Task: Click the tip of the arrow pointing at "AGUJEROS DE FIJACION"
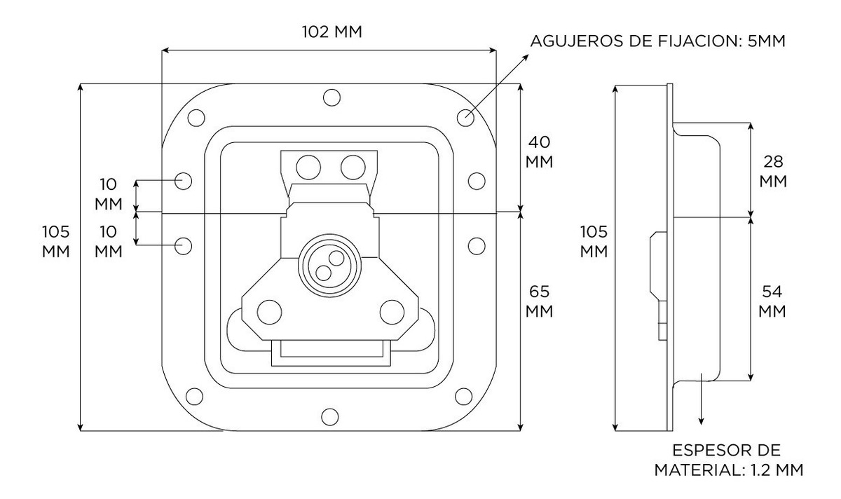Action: pyautogui.click(x=528, y=55)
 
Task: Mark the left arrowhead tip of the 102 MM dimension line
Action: pyautogui.click(x=162, y=50)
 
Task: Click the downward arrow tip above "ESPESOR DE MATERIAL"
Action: pyautogui.click(x=701, y=425)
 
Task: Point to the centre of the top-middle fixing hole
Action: pyautogui.click(x=331, y=97)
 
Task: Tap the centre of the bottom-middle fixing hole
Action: pyautogui.click(x=330, y=417)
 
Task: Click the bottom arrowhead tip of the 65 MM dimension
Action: pyautogui.click(x=520, y=430)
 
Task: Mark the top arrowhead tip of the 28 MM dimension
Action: pyautogui.click(x=751, y=123)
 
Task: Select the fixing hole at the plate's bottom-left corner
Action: pyautogui.click(x=195, y=397)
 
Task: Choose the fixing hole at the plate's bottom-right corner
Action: pyautogui.click(x=464, y=397)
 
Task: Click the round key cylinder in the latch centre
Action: pyautogui.click(x=329, y=266)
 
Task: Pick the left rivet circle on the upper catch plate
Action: pyautogui.click(x=308, y=167)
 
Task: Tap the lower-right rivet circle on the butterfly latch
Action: pyautogui.click(x=392, y=312)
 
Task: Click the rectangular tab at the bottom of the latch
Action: pyautogui.click(x=331, y=353)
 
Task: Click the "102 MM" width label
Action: pyautogui.click(x=332, y=32)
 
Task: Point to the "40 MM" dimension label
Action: pyautogui.click(x=539, y=152)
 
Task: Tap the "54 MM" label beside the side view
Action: pyautogui.click(x=772, y=301)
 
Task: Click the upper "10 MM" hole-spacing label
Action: pyautogui.click(x=109, y=194)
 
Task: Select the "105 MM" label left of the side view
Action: pyautogui.click(x=594, y=241)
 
